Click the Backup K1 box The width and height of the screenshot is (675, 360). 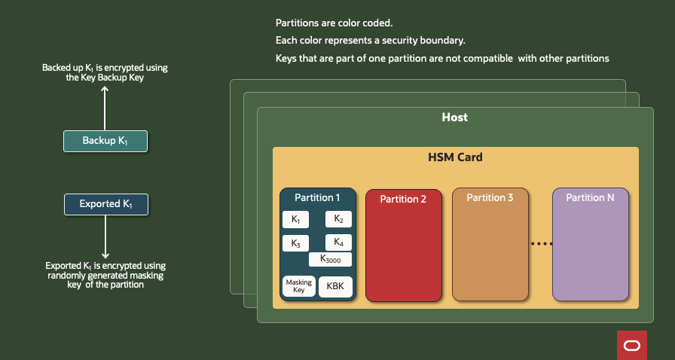pos(105,141)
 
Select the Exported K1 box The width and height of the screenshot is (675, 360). pos(105,204)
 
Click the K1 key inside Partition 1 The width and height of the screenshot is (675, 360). pos(295,220)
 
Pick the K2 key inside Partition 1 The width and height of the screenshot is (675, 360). pos(338,220)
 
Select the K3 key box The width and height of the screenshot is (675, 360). pos(295,243)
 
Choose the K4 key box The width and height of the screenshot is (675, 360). pos(338,243)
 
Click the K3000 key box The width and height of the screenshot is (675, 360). pos(331,259)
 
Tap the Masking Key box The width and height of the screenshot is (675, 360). pos(298,286)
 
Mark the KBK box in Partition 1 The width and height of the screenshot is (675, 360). pos(335,287)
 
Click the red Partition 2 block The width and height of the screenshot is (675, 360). pos(403,245)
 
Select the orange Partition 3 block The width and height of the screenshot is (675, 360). pos(490,245)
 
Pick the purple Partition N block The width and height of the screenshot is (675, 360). pos(590,245)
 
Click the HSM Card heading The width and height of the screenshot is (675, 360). pos(455,158)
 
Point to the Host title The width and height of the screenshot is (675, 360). pos(454,117)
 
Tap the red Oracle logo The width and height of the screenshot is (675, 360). pos(631,345)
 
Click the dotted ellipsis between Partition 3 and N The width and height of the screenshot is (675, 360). pos(541,244)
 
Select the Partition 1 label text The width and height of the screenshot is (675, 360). pos(317,197)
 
